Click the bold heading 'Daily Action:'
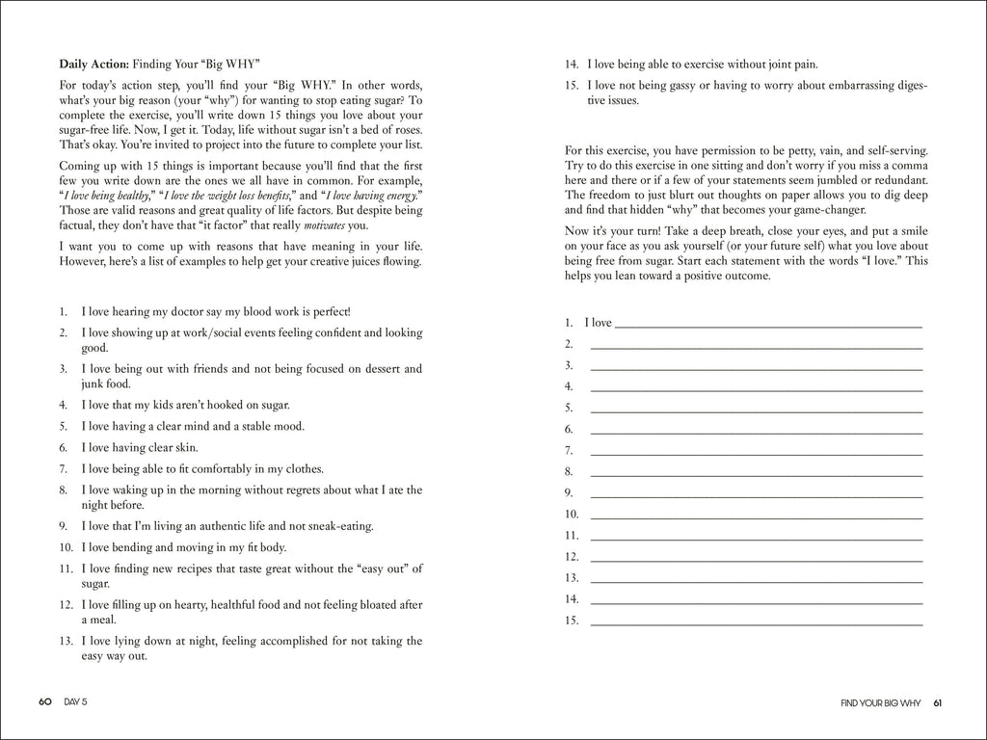(93, 65)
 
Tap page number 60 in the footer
(44, 701)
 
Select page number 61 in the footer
(937, 701)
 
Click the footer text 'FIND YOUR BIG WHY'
(880, 701)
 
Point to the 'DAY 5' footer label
(74, 701)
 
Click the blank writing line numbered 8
(756, 473)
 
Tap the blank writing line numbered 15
(756, 621)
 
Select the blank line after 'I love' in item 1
(767, 325)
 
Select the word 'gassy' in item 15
(692, 86)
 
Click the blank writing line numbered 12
(756, 558)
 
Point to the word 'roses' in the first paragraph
(406, 130)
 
